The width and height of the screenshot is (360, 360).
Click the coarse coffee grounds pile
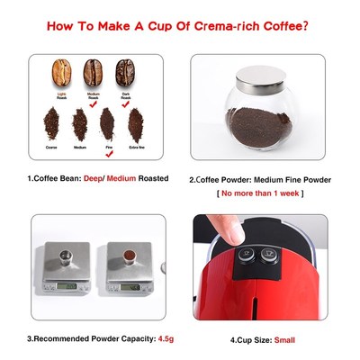52,120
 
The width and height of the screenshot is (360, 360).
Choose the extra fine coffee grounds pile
136,120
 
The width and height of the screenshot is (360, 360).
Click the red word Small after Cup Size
284,339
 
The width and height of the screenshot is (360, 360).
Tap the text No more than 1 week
259,193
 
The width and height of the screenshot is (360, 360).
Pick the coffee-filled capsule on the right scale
129,258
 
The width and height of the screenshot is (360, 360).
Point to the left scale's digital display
67,287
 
